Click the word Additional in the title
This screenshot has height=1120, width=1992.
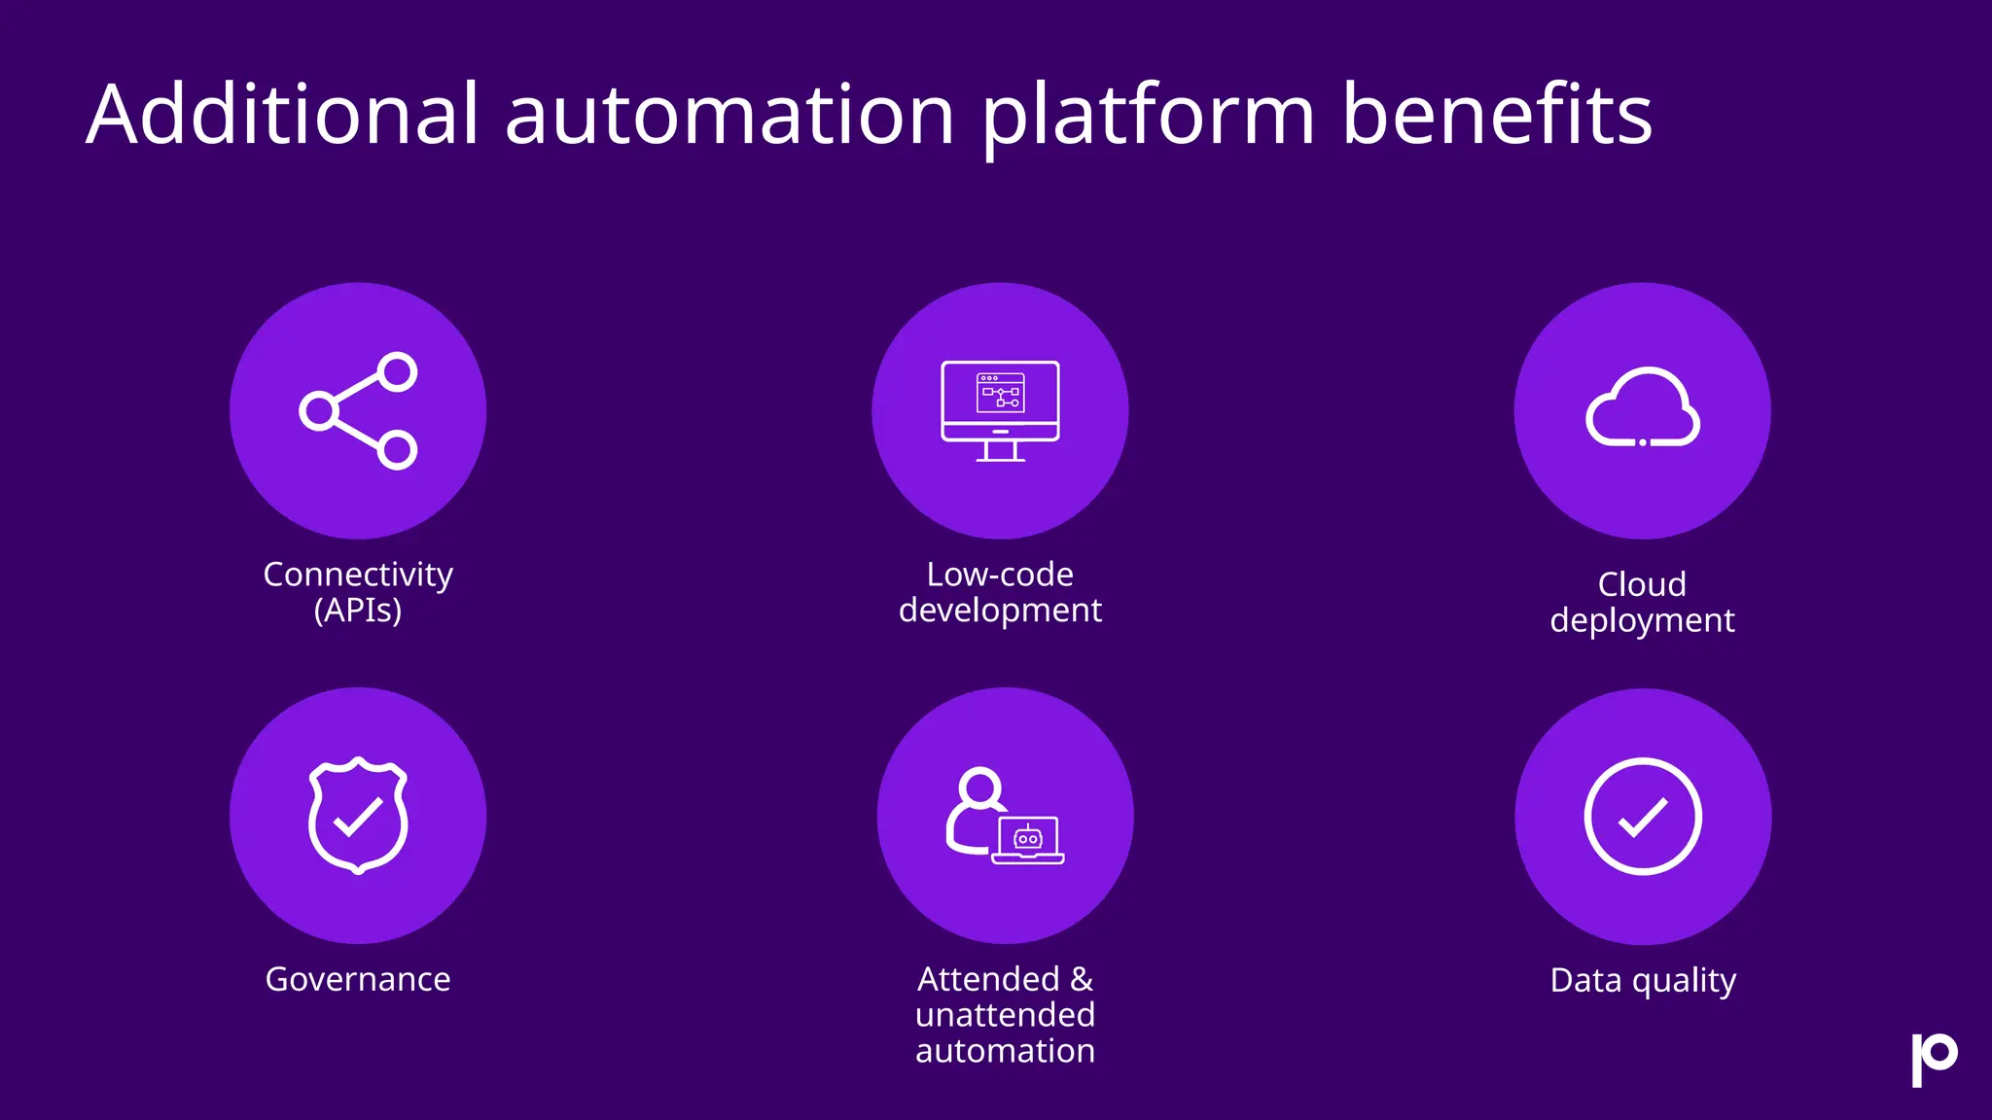283,115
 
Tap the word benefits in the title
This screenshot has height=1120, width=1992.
1497,115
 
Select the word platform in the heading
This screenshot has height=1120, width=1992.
1149,119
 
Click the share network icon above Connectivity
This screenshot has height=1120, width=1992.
358,411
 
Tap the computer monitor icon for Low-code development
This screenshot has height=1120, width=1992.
1000,410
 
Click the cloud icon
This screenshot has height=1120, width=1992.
1643,408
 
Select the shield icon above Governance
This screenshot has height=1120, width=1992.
358,815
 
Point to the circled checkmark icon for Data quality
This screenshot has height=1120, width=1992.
1643,816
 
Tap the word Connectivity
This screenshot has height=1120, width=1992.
358,575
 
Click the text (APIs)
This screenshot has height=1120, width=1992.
358,611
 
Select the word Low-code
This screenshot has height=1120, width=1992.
1000,575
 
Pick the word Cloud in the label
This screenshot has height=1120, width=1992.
1642,584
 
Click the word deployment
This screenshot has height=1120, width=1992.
1642,621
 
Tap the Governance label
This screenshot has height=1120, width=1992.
358,979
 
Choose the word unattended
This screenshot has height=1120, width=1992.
1005,1015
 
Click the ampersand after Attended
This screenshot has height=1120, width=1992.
1082,979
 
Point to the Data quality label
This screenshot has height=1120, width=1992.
1643,981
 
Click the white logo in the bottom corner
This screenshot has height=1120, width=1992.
1934,1059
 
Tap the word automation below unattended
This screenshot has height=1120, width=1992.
1005,1051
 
